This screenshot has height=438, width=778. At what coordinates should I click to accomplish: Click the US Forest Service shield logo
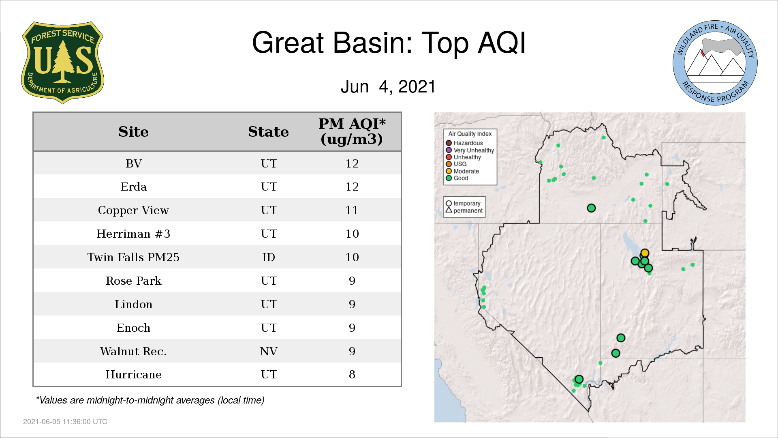click(62, 63)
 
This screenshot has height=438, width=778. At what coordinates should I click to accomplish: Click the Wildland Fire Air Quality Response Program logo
click(715, 63)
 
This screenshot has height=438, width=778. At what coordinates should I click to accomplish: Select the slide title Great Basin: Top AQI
click(389, 43)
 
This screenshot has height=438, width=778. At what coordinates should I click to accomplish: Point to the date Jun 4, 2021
click(388, 86)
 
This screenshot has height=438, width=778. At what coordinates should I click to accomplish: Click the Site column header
click(133, 132)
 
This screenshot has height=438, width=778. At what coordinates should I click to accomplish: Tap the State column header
click(268, 132)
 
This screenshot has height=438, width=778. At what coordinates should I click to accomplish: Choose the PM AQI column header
click(352, 131)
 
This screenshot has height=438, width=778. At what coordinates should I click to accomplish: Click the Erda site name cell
click(133, 187)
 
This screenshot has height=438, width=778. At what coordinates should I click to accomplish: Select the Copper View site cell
click(133, 210)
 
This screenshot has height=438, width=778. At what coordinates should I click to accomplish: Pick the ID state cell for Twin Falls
click(269, 257)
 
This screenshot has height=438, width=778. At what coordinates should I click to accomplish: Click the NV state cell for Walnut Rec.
click(269, 351)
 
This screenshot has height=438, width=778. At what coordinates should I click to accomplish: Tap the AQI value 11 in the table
click(352, 210)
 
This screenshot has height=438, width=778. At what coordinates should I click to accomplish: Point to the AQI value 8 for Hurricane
click(352, 374)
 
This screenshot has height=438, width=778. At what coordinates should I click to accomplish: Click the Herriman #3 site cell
click(133, 234)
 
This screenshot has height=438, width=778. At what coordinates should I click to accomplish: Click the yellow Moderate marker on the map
click(645, 253)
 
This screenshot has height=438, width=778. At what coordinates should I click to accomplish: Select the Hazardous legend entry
click(464, 143)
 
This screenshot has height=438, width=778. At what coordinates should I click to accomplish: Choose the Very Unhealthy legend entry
click(470, 150)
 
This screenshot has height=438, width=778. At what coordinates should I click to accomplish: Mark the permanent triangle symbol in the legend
click(449, 210)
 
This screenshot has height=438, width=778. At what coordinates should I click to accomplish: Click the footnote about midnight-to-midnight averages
click(150, 400)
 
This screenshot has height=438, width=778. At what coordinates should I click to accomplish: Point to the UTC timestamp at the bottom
click(65, 422)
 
